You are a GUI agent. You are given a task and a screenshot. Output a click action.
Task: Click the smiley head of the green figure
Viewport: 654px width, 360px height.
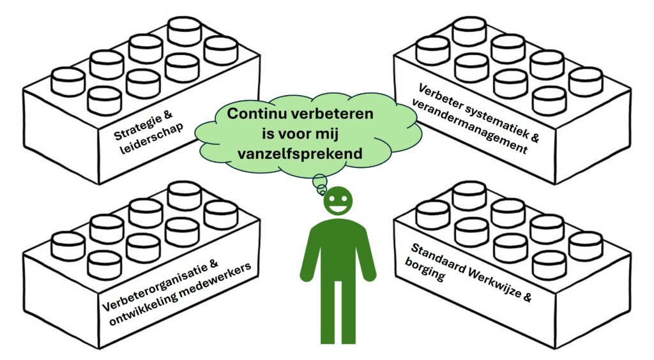pyautogui.click(x=338, y=202)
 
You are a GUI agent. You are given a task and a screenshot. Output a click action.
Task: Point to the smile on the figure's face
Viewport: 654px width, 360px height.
pyautogui.click(x=338, y=207)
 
